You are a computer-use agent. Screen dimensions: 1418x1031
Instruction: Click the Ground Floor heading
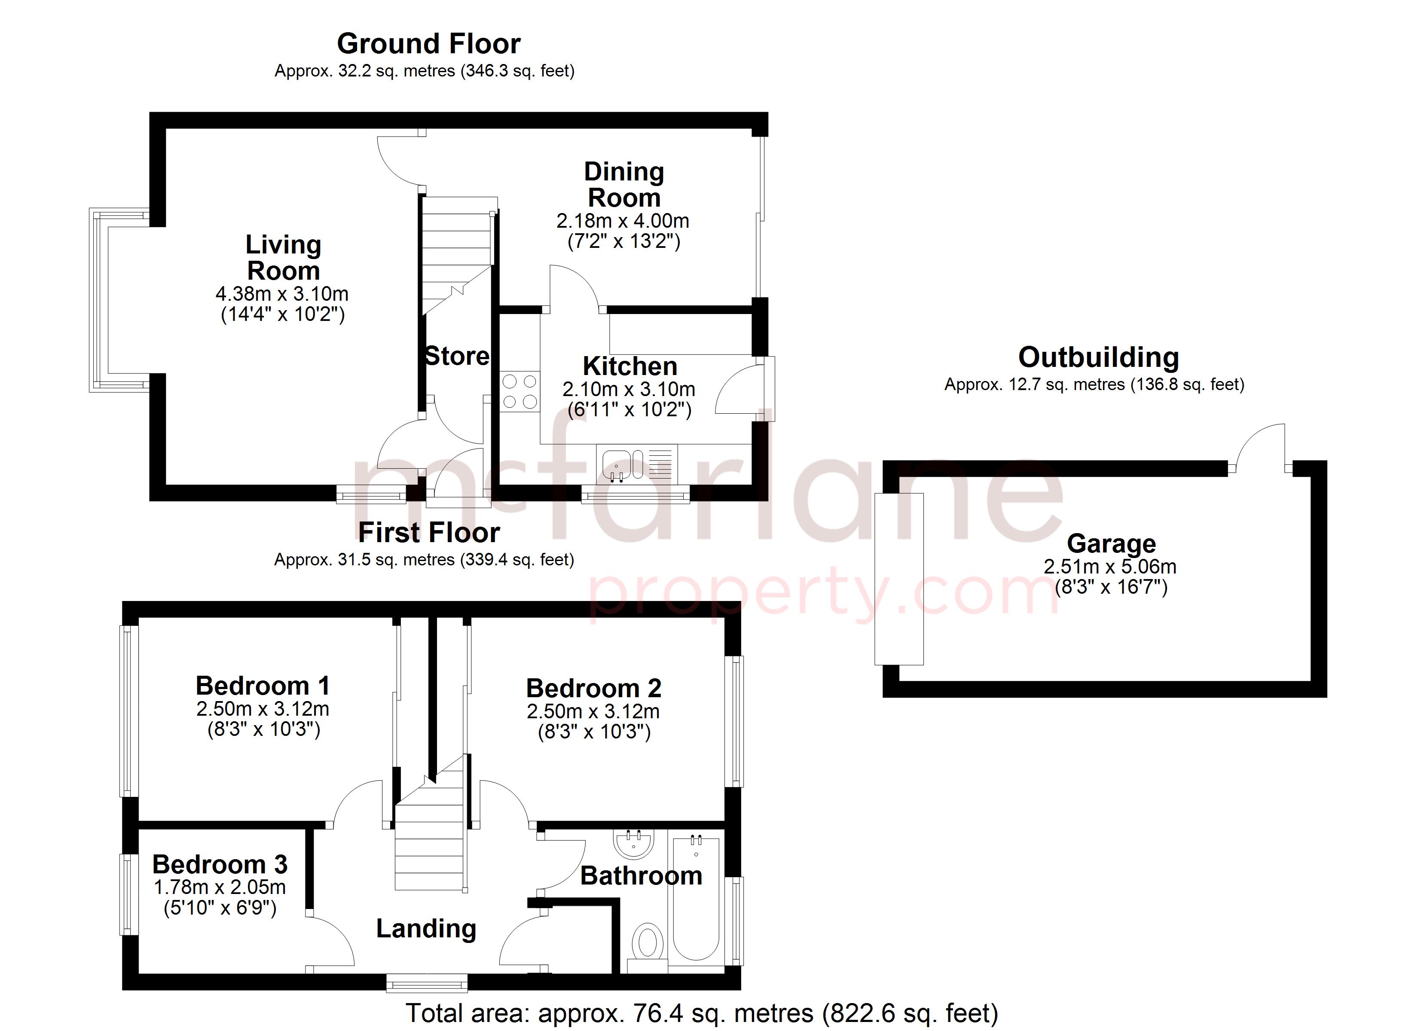[428, 44]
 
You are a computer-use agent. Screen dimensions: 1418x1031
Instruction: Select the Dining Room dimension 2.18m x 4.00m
[623, 221]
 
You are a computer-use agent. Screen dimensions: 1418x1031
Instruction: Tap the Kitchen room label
[630, 366]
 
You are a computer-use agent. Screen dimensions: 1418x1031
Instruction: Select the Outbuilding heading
[1098, 358]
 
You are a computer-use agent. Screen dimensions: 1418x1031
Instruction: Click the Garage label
[1111, 543]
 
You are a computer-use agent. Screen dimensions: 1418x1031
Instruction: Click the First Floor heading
[429, 533]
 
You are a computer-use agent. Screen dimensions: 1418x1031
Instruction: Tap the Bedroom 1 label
[263, 686]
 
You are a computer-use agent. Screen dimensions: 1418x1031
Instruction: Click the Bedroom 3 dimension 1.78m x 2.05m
[220, 887]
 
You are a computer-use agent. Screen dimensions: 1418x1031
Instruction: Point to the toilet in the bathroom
[648, 943]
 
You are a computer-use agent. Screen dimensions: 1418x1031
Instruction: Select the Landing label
[426, 928]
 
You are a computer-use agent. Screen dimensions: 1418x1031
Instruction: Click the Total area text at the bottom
[702, 1013]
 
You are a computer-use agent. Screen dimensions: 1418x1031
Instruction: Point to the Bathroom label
[641, 875]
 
